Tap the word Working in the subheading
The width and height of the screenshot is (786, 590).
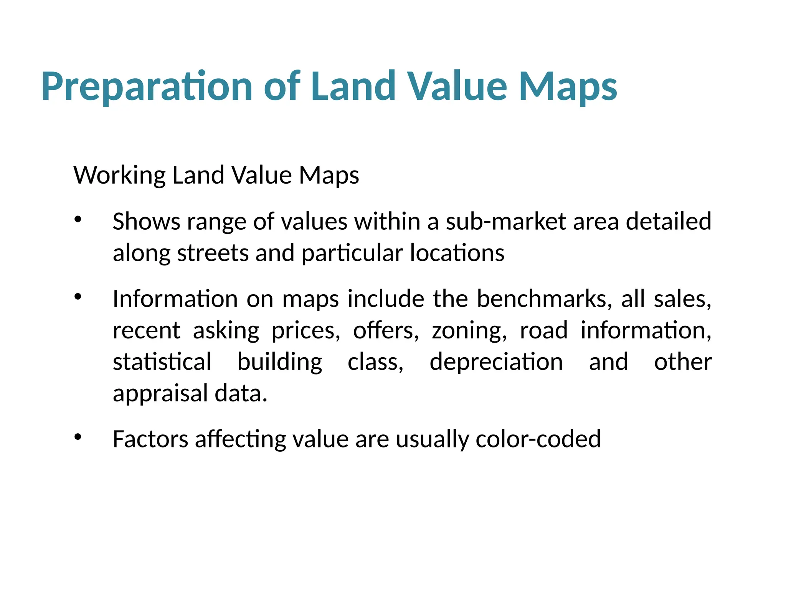[x=119, y=176]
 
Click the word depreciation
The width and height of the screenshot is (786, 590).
[x=496, y=363]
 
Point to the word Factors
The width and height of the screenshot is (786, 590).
[x=150, y=439]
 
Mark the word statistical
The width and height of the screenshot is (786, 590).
[x=162, y=363]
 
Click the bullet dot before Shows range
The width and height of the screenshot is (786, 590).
[x=78, y=219]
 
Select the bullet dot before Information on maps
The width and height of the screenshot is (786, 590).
[x=78, y=297]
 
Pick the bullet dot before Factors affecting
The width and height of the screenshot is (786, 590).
[x=78, y=437]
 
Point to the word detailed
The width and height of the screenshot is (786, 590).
[x=669, y=222]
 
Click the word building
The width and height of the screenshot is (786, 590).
[x=280, y=363]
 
